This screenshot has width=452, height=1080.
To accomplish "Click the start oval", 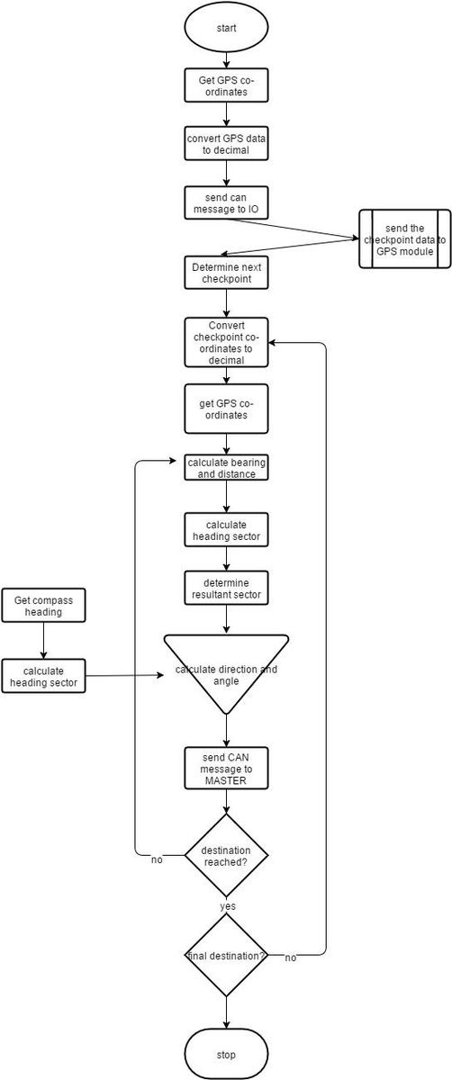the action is [x=226, y=28].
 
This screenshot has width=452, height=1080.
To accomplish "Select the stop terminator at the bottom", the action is [x=226, y=1055].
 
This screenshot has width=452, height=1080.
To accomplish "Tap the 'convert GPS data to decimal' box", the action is [x=226, y=144].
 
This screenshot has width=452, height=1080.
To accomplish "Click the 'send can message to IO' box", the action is [x=226, y=203].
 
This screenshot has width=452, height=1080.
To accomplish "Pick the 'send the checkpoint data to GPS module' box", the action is [x=404, y=238].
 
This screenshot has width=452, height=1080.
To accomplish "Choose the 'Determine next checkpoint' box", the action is [x=226, y=273].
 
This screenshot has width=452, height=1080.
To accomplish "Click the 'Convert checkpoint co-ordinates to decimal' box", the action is [x=226, y=342].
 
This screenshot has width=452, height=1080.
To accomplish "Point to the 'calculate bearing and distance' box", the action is [x=226, y=468].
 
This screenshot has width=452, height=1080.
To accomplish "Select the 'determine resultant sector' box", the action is [x=226, y=588].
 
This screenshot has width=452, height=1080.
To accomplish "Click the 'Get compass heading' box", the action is [x=43, y=605].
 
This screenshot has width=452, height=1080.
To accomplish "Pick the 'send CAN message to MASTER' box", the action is [x=226, y=769].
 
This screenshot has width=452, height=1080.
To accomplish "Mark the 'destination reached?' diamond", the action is [x=226, y=856].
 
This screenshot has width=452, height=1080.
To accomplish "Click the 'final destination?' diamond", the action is [x=226, y=955].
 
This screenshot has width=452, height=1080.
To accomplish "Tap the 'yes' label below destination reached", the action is [x=228, y=906].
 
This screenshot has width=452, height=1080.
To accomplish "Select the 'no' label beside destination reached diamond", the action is [x=157, y=859].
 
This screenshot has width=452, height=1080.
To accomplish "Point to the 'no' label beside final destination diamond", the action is [x=291, y=958].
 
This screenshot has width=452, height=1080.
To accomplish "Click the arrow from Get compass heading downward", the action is [x=43, y=640].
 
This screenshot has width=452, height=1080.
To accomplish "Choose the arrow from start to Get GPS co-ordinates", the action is [x=226, y=58].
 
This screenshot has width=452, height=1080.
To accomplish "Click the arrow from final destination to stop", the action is [x=226, y=1013].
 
